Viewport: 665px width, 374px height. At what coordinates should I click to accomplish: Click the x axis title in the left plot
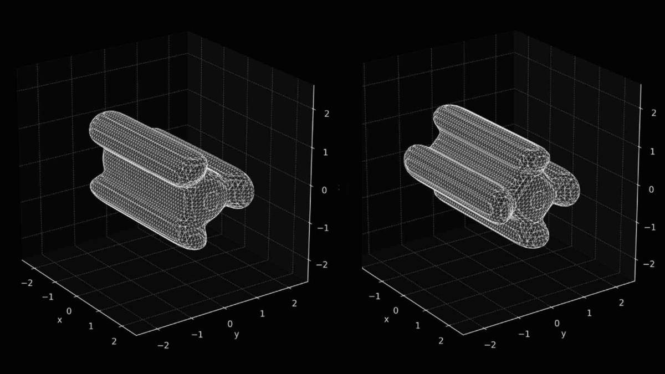click(x=60, y=320)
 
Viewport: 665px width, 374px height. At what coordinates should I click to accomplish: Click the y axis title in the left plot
click(x=237, y=335)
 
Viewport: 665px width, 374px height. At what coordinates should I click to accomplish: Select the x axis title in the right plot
click(x=387, y=320)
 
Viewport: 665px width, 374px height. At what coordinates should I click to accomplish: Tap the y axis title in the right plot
click(x=564, y=334)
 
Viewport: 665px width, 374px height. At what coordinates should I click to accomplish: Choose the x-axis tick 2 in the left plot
click(x=114, y=341)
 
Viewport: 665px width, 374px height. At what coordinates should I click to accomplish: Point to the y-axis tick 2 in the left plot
click(x=295, y=303)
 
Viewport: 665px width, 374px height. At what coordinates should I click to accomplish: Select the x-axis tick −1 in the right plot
click(x=375, y=296)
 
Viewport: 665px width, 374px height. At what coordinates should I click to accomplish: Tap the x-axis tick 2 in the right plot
click(x=441, y=341)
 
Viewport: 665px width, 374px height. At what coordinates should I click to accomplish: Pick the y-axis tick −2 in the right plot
click(x=490, y=345)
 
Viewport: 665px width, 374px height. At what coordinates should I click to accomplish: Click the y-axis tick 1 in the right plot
click(x=589, y=313)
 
